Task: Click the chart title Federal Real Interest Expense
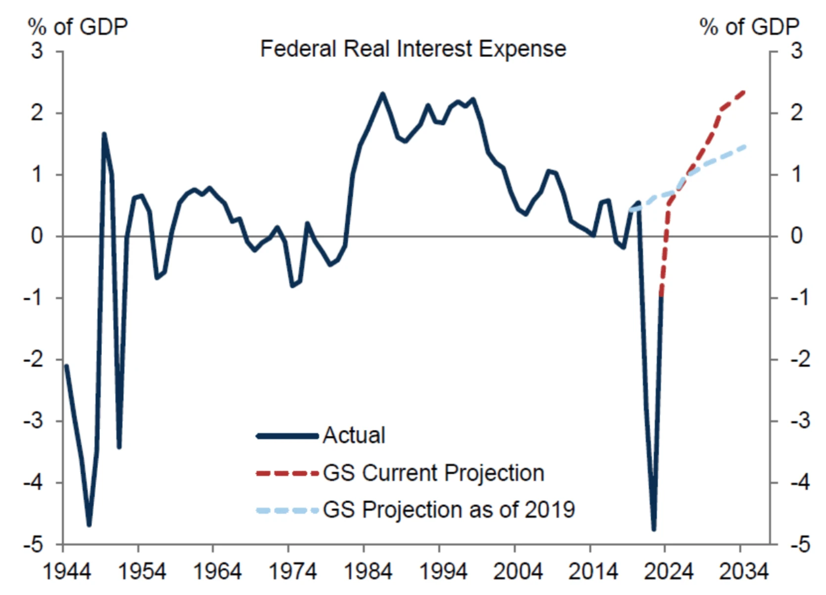pos(413,49)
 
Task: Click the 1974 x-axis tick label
pos(292,572)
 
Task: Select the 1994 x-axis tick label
pos(443,572)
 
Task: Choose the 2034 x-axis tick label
pos(743,572)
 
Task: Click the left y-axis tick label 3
pos(37,51)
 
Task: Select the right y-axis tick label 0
pos(796,236)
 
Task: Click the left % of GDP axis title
pos(78,27)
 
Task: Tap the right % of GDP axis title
pos(749,27)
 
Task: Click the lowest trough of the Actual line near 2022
pos(654,530)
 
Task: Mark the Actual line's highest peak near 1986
pos(382,93)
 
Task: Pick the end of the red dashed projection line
pos(744,91)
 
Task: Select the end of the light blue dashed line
pos(744,146)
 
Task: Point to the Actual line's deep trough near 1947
pos(89,525)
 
